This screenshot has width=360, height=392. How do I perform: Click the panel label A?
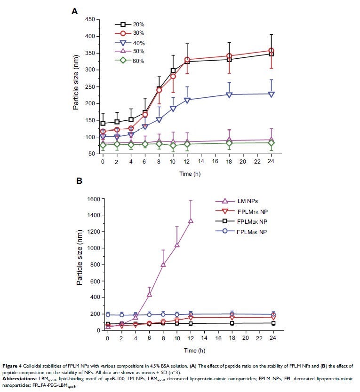pyautogui.click(x=74, y=10)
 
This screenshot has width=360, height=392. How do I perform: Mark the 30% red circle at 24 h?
pyautogui.click(x=272, y=51)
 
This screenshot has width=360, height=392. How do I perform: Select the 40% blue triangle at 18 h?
pyautogui.click(x=229, y=94)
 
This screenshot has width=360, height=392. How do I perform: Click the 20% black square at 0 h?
pyautogui.click(x=103, y=123)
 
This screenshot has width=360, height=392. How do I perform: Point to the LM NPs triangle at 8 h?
pyautogui.click(x=163, y=265)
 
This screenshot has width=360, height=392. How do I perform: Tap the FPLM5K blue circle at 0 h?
pyautogui.click(x=108, y=315)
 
